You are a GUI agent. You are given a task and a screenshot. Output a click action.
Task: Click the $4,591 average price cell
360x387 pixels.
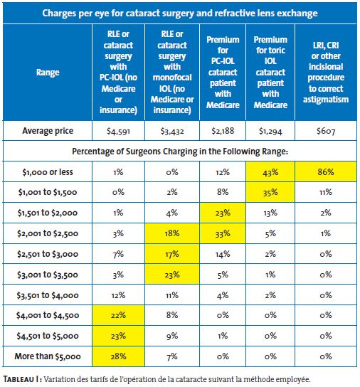pos(118,131)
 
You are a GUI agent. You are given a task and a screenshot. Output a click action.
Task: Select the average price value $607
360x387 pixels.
pos(326,131)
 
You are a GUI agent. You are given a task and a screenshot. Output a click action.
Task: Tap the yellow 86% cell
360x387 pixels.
pos(326,171)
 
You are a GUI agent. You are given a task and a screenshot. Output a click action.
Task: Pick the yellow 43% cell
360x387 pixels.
pos(270,171)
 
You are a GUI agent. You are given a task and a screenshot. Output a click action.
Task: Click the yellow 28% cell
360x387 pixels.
pos(118,356)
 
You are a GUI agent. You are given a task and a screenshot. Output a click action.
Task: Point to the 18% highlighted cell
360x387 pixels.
pos(172,233)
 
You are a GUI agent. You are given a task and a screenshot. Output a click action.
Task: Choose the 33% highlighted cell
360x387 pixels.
pos(223,233)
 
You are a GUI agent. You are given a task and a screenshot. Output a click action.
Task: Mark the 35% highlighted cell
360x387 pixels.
pos(270,192)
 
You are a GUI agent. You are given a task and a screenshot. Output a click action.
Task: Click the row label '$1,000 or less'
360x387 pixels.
pos(48,171)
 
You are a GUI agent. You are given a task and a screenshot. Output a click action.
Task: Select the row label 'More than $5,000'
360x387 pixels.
pos(48,356)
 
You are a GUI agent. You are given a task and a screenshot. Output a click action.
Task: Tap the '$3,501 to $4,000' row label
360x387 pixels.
pos(48,295)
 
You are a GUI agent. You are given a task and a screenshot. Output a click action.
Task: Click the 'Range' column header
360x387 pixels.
pos(48,73)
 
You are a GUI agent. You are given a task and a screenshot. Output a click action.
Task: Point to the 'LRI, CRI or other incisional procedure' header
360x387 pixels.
pos(326,73)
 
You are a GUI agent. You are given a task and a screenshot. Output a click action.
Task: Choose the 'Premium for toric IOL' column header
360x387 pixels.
pos(270,73)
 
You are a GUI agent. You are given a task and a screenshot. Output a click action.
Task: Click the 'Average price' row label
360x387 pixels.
pos(48,131)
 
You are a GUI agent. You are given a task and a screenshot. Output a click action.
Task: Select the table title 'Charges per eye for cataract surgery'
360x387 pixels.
pos(180,13)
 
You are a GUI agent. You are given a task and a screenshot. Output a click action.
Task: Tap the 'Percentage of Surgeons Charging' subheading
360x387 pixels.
pos(180,151)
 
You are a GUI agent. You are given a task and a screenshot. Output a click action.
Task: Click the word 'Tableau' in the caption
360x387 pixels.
pos(19,379)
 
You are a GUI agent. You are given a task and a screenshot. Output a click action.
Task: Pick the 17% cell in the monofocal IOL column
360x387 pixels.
pos(172,254)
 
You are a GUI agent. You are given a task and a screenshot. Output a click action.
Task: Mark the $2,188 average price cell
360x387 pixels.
pos(223,131)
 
